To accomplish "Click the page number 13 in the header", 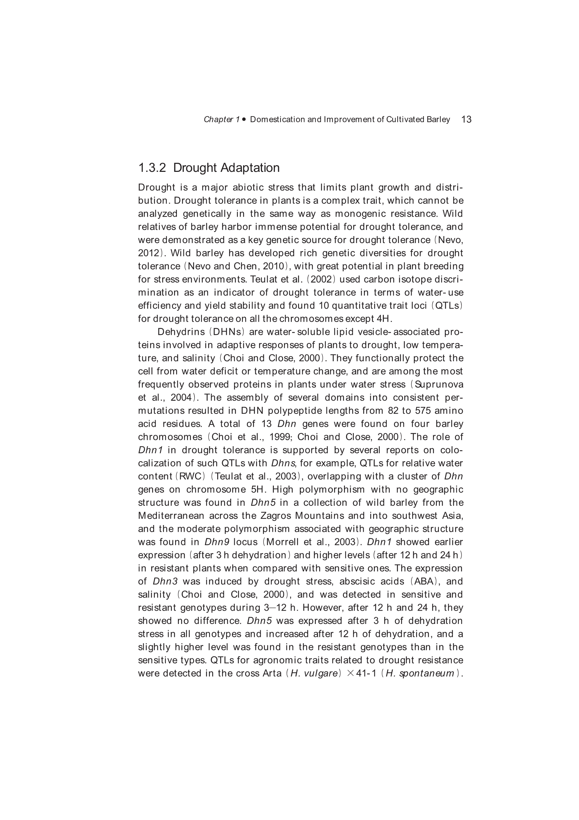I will (466, 119).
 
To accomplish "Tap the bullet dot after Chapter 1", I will (244, 119).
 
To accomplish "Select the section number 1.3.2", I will (152, 168).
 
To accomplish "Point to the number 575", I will (423, 411).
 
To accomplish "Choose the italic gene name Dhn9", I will (216, 542).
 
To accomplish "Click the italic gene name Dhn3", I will (165, 582).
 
